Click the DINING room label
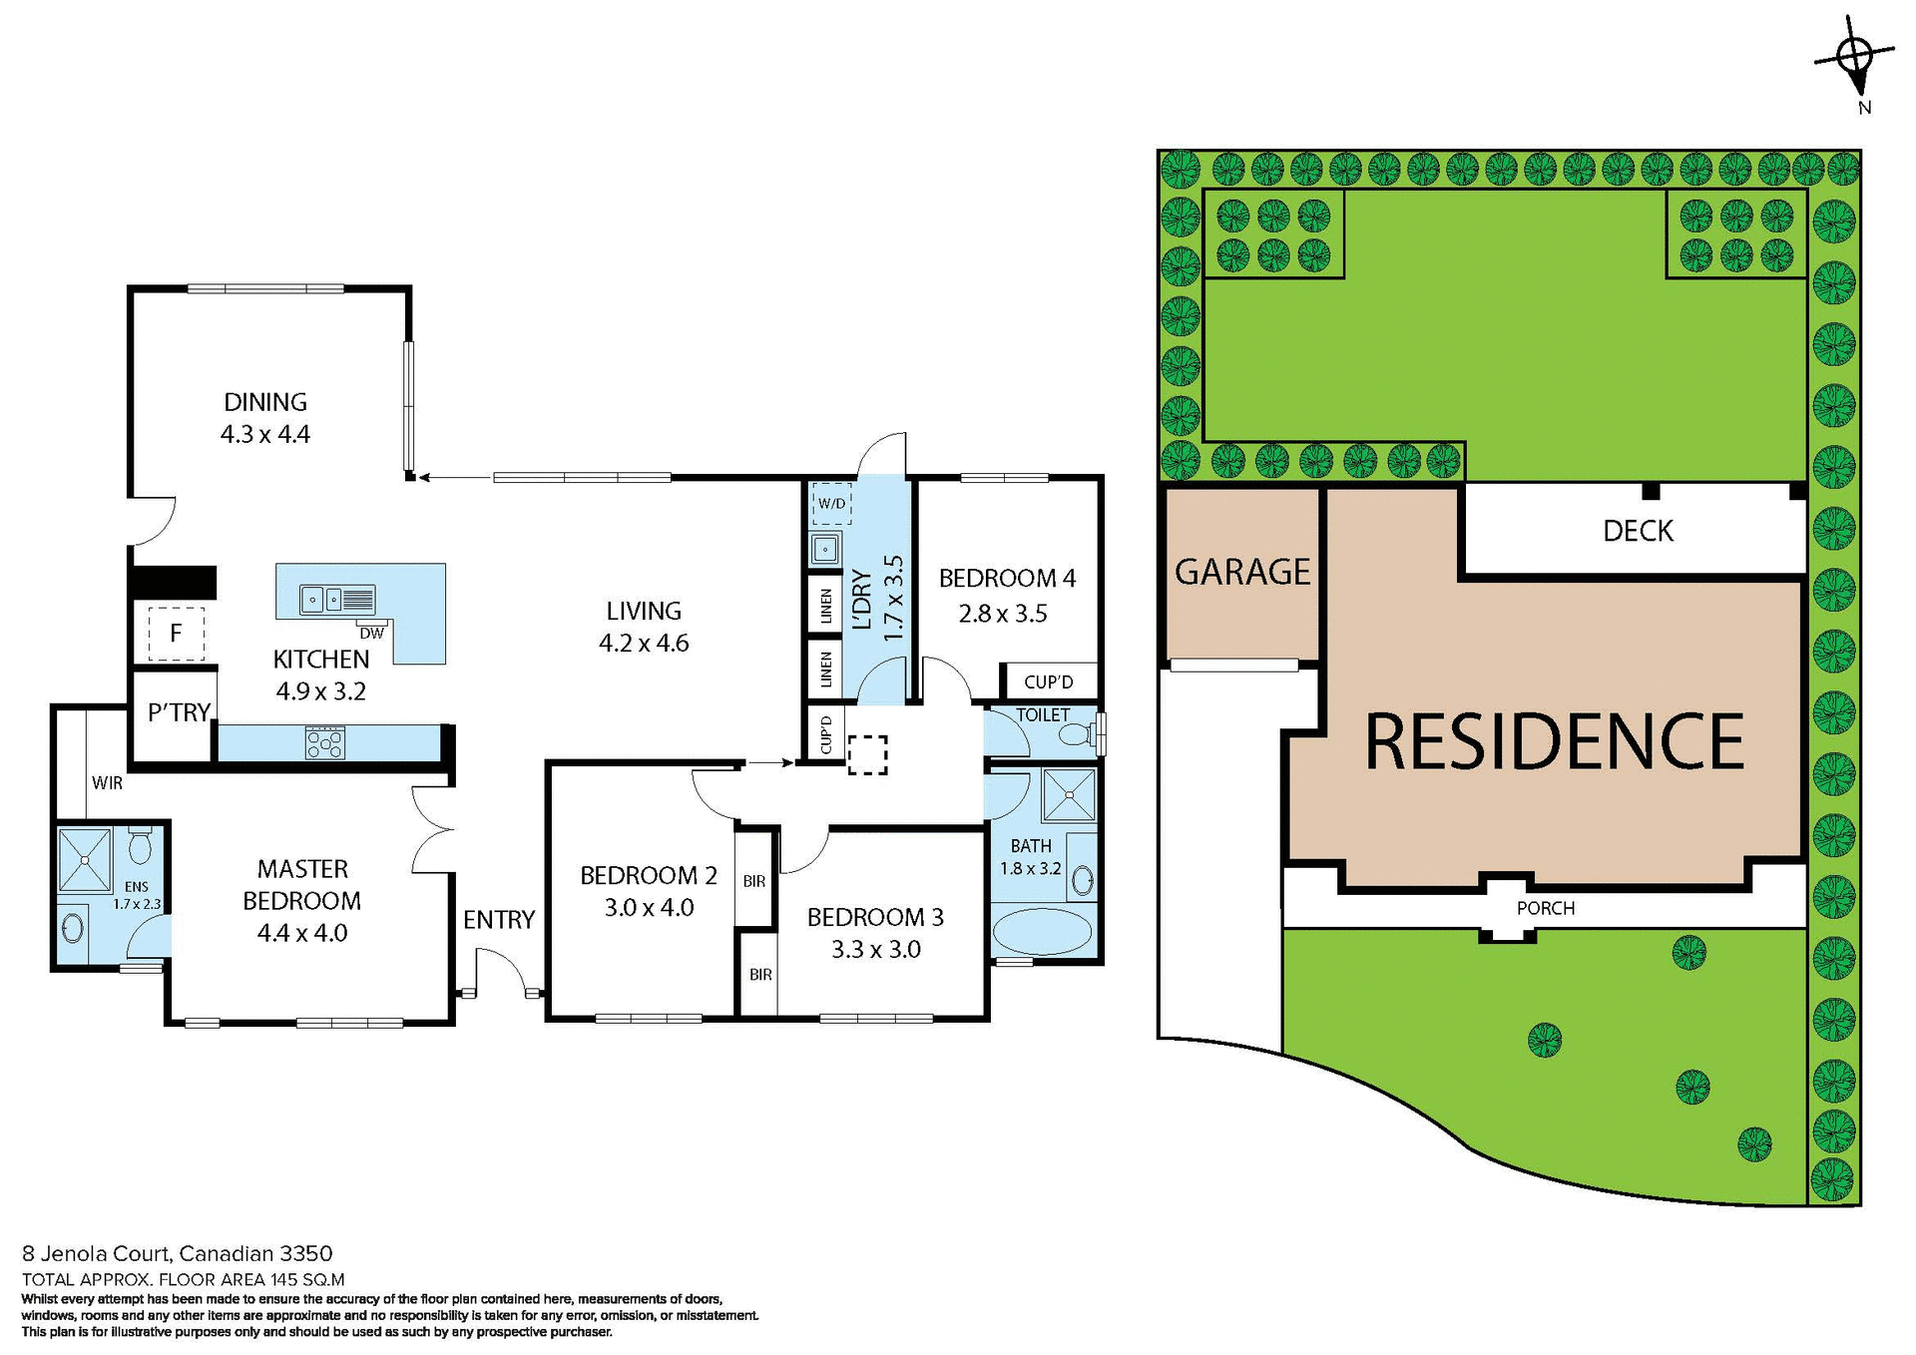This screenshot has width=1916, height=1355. point(264,402)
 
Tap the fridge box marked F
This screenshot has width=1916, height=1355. point(176,633)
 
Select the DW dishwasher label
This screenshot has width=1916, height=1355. point(371,634)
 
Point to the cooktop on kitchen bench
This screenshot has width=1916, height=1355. point(325,743)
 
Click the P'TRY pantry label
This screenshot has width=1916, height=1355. point(179,712)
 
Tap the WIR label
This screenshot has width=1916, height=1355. point(107,783)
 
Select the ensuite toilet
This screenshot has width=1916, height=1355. point(140,847)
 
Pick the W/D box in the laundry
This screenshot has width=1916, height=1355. point(831,504)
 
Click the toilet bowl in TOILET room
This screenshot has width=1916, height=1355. point(1076,735)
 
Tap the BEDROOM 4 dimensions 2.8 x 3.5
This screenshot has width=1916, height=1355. point(1003,614)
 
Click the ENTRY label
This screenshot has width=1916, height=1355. point(499,920)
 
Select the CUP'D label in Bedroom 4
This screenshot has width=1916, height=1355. point(1049,682)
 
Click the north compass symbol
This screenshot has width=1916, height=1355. point(1855,59)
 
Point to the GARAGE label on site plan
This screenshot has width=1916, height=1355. point(1242,573)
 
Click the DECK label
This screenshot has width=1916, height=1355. point(1638,531)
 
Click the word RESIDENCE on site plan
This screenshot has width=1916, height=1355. point(1554,742)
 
